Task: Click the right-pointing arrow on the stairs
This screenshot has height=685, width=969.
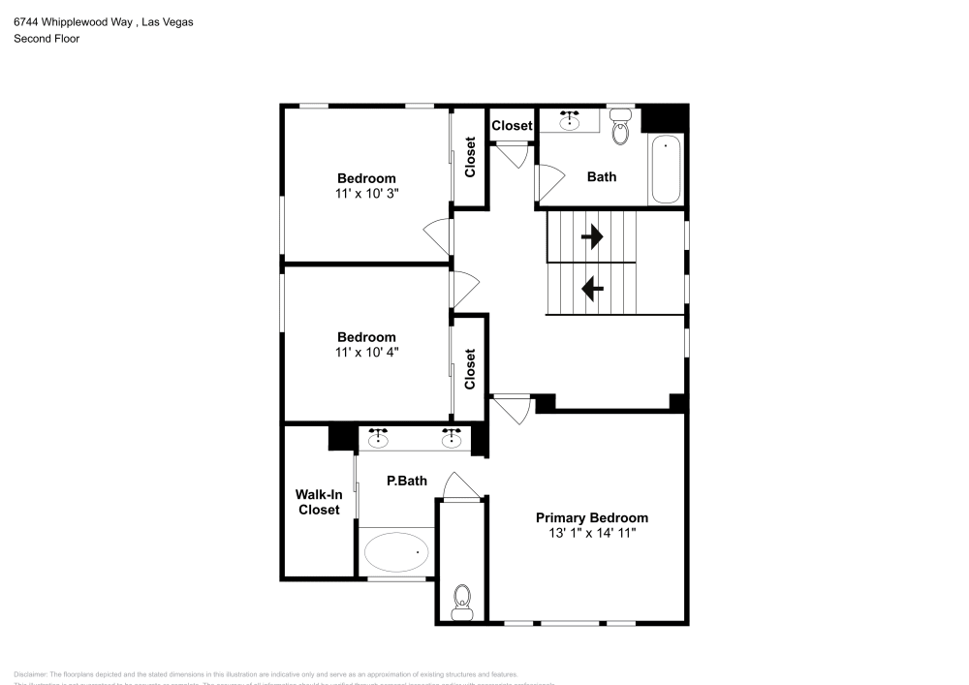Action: click(591, 235)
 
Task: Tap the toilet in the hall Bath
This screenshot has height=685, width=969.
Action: click(621, 127)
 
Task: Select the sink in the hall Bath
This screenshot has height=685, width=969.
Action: click(570, 121)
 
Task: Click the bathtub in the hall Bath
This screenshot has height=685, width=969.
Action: click(665, 171)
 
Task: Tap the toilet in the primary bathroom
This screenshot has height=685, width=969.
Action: click(462, 601)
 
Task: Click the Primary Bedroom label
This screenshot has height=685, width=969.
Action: click(592, 517)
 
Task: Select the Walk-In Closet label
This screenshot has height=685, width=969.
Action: click(319, 502)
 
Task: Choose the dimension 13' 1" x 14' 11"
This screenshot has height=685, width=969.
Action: click(592, 533)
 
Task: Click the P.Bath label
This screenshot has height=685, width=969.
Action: click(407, 481)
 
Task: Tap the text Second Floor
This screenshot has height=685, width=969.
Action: click(47, 39)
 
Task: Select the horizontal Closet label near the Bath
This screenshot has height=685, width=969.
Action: click(512, 126)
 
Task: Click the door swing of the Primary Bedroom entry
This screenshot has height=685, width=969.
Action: click(514, 409)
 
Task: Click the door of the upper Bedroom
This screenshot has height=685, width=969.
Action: click(438, 237)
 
